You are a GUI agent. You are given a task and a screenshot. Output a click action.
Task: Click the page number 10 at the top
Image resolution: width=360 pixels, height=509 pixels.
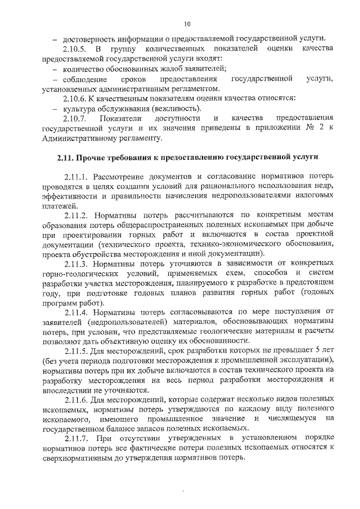pos(188,24)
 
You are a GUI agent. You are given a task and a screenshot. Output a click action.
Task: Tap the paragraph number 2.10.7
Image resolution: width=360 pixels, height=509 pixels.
pos(78,118)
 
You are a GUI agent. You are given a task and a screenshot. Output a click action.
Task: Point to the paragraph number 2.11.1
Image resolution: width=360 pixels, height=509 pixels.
pos(78,177)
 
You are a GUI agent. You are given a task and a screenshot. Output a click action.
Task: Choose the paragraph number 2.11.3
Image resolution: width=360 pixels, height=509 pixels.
pos(78,263)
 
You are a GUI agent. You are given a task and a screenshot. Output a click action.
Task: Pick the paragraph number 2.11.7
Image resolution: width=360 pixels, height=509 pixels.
pos(78,438)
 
